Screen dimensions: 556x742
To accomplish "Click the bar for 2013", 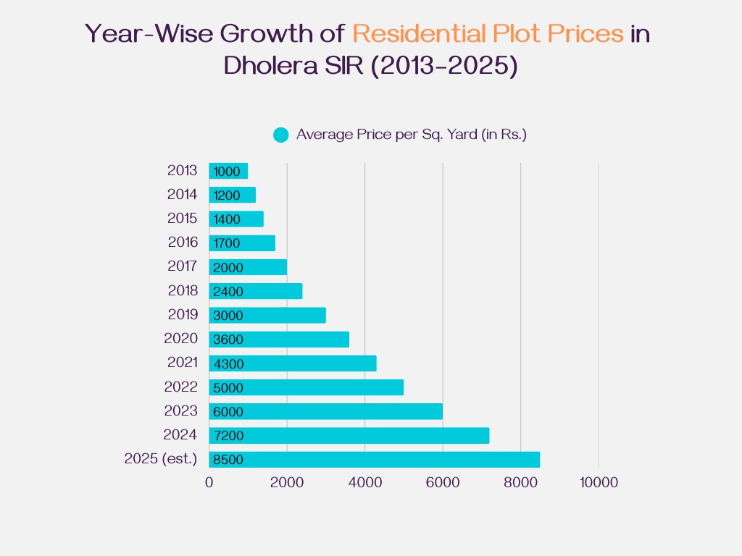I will click(x=228, y=171).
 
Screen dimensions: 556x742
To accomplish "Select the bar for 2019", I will click(x=267, y=316).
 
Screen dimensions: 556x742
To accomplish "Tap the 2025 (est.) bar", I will click(x=375, y=460).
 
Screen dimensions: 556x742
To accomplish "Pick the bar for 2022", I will click(x=307, y=387).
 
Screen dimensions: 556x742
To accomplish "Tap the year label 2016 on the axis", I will click(x=182, y=242).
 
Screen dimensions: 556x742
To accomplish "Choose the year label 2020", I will click(x=180, y=338).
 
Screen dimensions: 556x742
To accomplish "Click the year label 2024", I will click(x=180, y=434).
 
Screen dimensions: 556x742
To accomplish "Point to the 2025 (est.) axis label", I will click(x=160, y=458).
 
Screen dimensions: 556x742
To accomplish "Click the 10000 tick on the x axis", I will click(x=598, y=483).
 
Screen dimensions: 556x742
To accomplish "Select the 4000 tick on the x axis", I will click(x=365, y=483).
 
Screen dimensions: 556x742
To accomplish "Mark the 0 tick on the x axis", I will click(x=209, y=483).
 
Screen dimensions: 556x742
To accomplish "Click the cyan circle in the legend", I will click(x=281, y=135).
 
